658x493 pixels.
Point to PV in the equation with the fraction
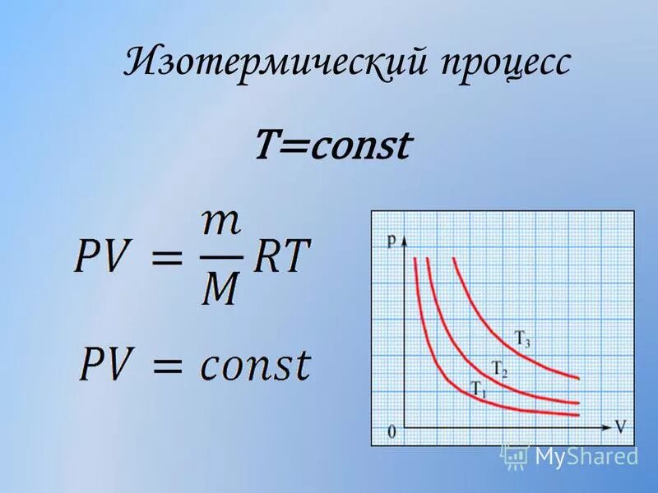107,258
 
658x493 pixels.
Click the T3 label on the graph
523,337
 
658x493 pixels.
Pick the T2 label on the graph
499,369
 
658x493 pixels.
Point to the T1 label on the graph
478,388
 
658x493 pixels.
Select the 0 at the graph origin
392,431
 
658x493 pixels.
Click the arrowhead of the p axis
405,241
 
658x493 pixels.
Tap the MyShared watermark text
586,456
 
